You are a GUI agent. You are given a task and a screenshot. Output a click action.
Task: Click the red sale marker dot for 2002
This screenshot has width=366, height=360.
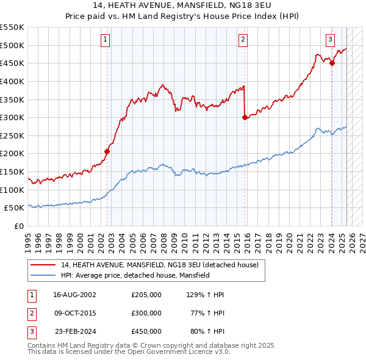pyautogui.click(x=107, y=151)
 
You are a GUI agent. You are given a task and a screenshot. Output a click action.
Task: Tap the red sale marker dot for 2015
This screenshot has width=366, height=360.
pyautogui.click(x=245, y=117)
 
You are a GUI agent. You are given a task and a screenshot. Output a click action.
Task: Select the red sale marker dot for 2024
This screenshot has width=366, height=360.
pyautogui.click(x=332, y=62)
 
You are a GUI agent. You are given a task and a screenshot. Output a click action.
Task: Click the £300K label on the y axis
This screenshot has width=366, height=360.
pyautogui.click(x=12, y=117)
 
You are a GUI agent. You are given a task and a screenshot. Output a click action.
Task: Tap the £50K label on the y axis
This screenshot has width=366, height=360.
pyautogui.click(x=15, y=208)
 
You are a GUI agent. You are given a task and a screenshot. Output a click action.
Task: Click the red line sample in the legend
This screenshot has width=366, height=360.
pyautogui.click(x=43, y=265)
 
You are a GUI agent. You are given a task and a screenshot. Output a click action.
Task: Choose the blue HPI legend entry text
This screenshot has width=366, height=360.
pyautogui.click(x=135, y=276)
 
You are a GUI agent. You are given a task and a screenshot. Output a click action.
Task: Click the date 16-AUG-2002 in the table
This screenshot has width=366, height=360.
pyautogui.click(x=75, y=295)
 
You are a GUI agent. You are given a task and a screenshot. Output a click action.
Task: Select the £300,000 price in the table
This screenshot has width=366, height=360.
pyautogui.click(x=146, y=313)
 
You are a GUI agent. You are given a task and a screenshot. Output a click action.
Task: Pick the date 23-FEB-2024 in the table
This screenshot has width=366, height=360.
pyautogui.click(x=75, y=331)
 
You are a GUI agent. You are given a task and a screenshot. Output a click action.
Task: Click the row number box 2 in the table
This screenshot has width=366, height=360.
pyautogui.click(x=32, y=313)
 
